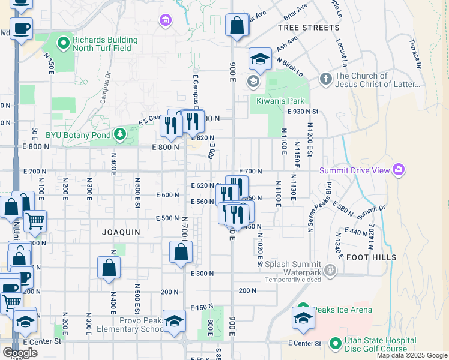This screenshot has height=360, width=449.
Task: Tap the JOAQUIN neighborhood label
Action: coord(121,232)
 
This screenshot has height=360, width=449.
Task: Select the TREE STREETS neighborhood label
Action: coord(309,28)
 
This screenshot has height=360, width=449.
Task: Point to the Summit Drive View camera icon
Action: coord(398,170)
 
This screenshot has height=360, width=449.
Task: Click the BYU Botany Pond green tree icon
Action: coord(120,133)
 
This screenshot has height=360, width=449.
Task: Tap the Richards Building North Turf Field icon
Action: coord(64,43)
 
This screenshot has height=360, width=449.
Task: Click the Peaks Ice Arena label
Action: coord(342,310)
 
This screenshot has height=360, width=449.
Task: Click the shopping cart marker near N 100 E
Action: coord(35,221)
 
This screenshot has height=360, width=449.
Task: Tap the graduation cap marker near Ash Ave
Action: coord(260,59)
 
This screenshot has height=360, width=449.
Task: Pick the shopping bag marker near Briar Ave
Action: coord(237,26)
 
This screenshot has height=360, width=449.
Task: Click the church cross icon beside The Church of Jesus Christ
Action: coord(325,79)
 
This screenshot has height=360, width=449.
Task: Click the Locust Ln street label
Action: coord(342,53)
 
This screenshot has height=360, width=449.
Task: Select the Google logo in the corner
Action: coord(20,352)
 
